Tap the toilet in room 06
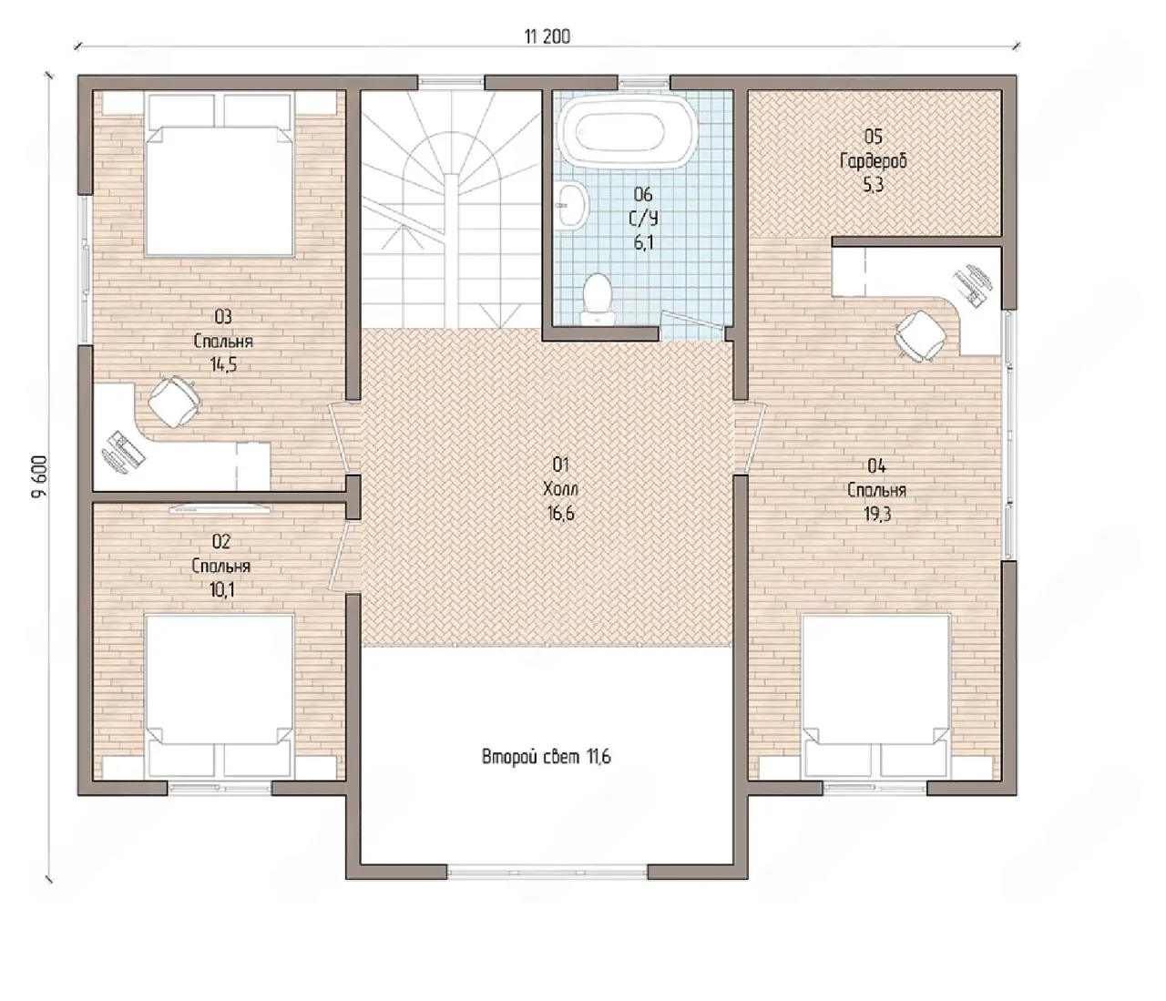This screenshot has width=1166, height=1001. (x=597, y=299)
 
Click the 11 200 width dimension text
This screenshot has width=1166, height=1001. (x=547, y=36)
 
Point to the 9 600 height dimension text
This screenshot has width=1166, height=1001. (x=40, y=476)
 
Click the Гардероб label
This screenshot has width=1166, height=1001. (x=874, y=161)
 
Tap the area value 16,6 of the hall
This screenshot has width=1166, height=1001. (x=559, y=513)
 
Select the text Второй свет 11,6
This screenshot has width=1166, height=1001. (x=546, y=757)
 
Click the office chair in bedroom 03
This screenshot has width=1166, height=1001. (x=174, y=401)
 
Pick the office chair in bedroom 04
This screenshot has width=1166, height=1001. (x=920, y=335)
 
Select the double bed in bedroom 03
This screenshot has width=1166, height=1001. (x=220, y=176)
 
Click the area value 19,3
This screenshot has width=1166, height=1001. (x=876, y=514)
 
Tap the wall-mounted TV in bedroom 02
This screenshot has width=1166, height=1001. (x=220, y=508)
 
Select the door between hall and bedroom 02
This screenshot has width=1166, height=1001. (x=345, y=557)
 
